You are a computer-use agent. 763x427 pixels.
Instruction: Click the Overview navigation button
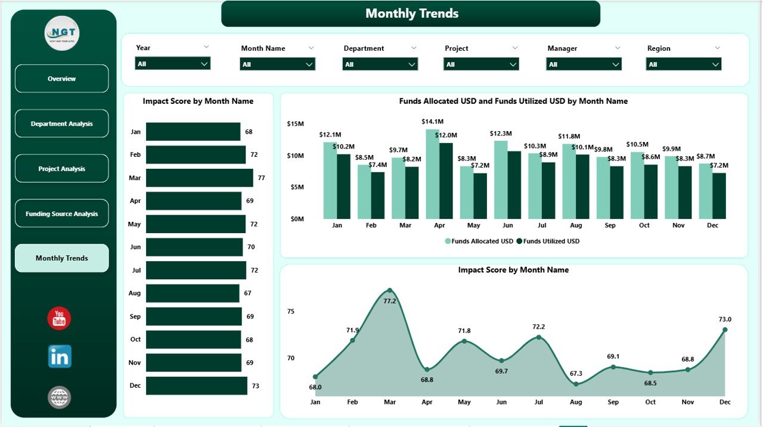point(62,79)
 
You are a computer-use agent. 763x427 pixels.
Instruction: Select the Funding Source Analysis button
point(62,213)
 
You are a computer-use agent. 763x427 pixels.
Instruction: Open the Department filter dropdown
point(380,64)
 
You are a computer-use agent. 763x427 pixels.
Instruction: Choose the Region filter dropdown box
point(683,64)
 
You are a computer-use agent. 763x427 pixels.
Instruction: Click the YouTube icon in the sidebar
point(59,318)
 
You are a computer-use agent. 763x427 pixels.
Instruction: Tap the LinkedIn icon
point(60,356)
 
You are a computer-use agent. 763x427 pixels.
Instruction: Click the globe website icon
point(60,397)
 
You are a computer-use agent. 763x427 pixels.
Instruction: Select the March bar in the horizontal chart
point(199,178)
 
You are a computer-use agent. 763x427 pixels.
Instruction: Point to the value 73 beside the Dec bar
point(255,386)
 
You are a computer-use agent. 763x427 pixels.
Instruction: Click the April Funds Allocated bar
point(432,174)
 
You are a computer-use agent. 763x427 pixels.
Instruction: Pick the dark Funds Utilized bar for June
point(514,185)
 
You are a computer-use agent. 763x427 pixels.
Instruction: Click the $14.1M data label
point(432,122)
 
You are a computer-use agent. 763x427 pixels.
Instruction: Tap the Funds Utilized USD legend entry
point(548,242)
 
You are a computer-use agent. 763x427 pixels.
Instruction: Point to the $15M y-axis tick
point(295,124)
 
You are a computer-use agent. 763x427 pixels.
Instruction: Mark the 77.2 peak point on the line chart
point(390,290)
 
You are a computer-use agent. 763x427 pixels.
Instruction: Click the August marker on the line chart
point(576,384)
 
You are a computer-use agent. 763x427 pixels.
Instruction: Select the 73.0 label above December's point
point(725,319)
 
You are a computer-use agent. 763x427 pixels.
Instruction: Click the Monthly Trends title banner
point(411,14)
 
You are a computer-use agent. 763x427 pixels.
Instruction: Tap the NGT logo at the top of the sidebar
point(62,33)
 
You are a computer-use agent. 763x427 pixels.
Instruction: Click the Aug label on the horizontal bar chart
point(135,293)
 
